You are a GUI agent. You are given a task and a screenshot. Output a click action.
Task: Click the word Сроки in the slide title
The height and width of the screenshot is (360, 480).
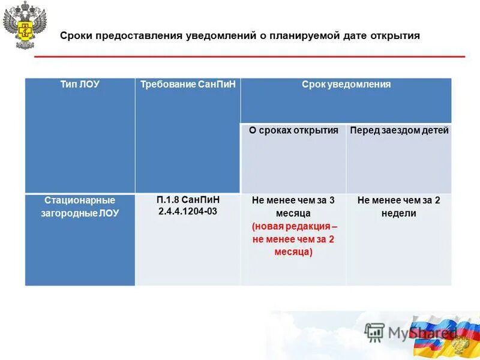73,36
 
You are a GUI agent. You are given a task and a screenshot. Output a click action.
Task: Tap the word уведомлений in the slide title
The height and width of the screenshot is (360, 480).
220,36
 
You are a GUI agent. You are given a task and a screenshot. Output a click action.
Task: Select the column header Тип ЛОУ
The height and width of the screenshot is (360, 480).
80,85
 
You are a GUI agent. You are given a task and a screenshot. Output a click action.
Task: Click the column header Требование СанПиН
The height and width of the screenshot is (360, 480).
188,85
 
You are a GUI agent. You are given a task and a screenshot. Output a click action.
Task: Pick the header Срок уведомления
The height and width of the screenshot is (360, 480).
346,85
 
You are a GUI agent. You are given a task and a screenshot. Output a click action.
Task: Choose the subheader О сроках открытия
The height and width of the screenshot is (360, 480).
293,130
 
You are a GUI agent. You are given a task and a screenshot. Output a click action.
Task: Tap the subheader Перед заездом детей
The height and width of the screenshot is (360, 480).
399,130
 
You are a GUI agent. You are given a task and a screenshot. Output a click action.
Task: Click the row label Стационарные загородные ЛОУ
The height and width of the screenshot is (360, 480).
80,206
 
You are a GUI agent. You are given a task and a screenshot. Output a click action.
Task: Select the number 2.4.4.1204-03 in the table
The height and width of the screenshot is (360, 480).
188,212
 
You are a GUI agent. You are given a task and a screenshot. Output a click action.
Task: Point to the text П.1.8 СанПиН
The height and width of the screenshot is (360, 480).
188,200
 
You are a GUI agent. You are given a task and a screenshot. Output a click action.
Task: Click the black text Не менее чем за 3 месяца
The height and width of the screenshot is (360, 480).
293,206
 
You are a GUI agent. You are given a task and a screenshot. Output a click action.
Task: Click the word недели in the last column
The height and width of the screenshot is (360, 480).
399,213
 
